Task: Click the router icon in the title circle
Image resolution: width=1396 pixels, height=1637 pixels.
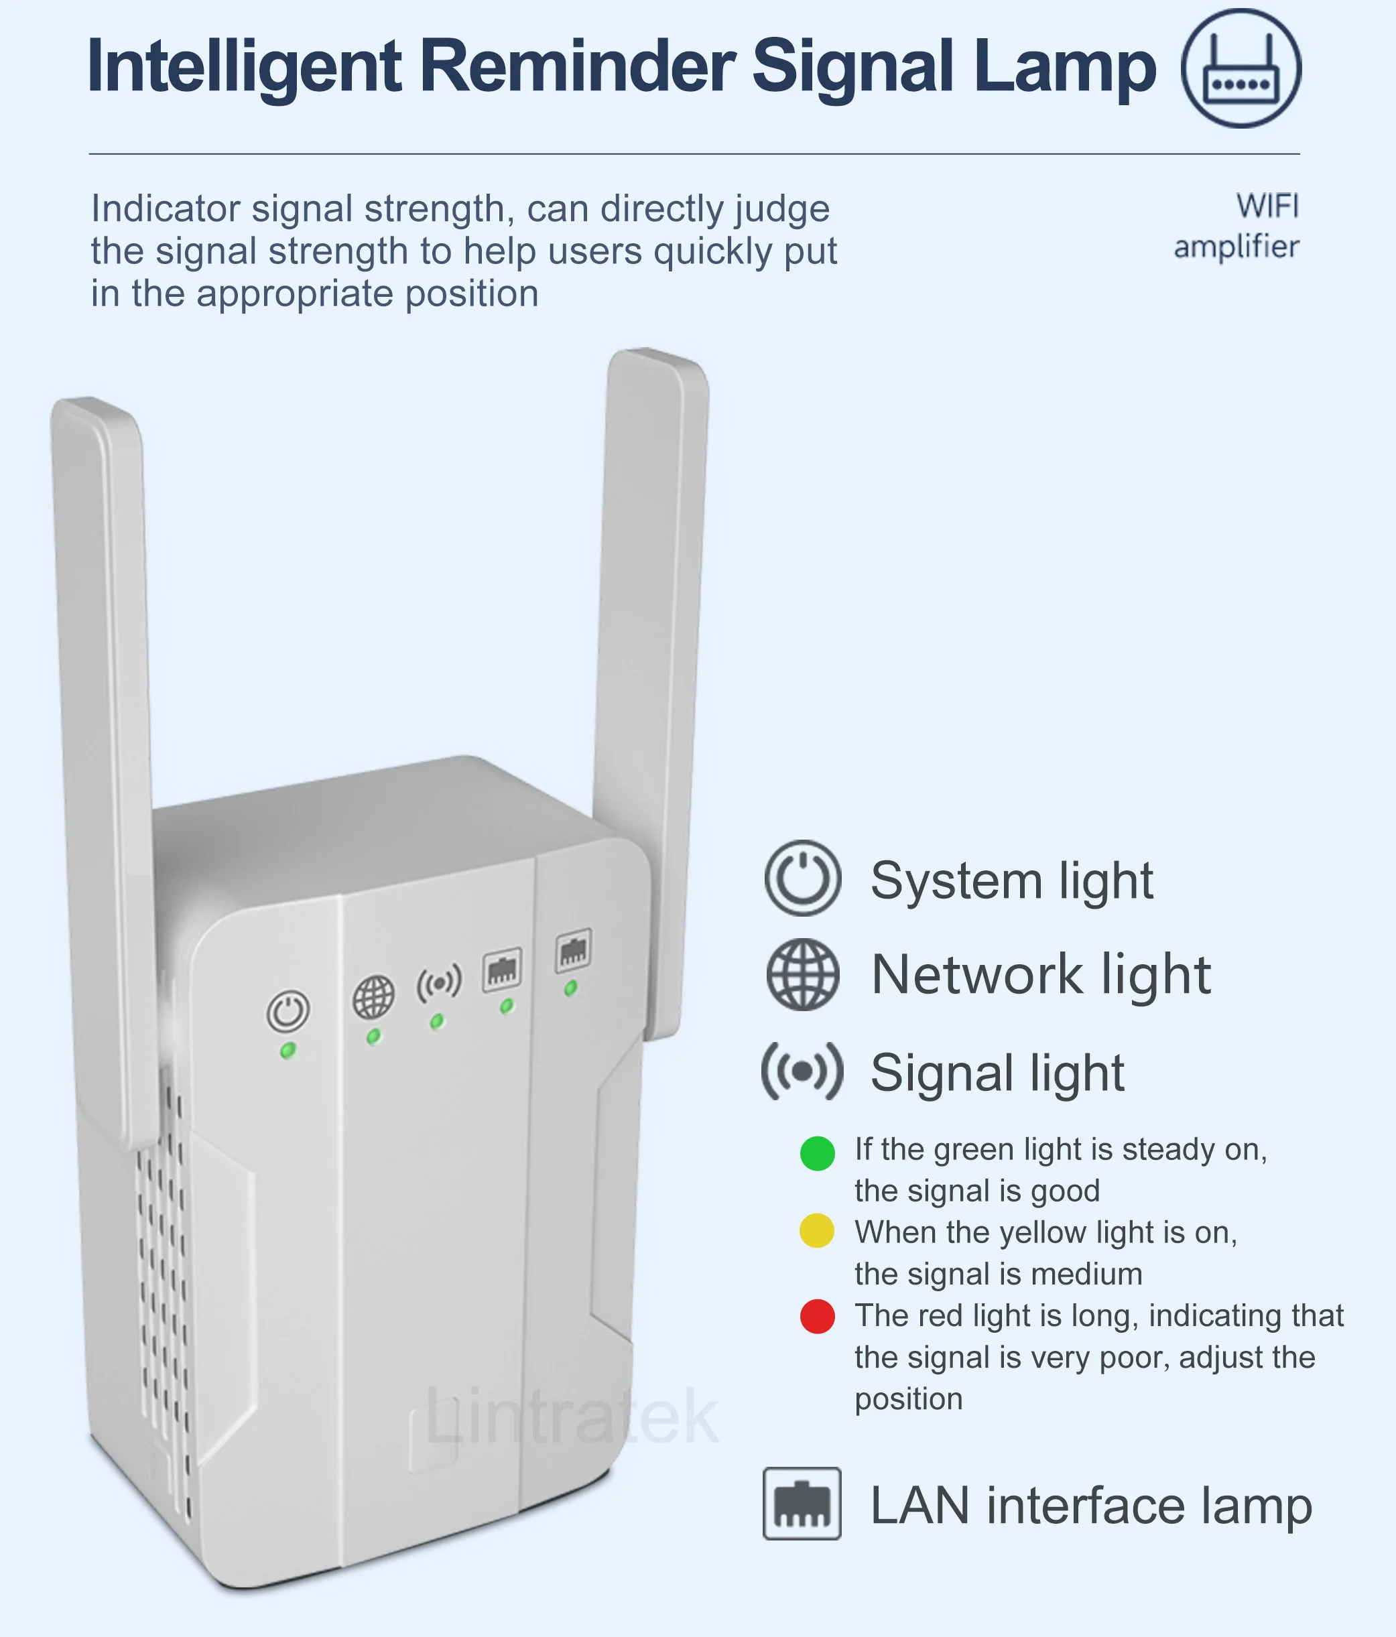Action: click(x=1241, y=70)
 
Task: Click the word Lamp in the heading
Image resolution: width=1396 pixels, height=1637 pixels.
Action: click(x=1064, y=66)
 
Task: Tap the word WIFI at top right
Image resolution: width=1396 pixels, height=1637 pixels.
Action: click(x=1267, y=206)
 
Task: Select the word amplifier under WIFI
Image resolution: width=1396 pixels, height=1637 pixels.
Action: click(x=1236, y=247)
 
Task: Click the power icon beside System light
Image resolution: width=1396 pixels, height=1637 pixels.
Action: click(x=802, y=878)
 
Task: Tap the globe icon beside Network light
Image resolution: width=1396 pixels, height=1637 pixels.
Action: click(x=802, y=974)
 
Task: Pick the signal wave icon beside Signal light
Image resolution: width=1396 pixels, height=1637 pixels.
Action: click(x=802, y=1071)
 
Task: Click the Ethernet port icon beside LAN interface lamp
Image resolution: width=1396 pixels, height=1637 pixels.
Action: click(x=802, y=1504)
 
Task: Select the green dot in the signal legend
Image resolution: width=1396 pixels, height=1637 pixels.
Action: click(x=817, y=1153)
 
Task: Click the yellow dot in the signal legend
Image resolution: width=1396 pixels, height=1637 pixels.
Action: click(x=817, y=1231)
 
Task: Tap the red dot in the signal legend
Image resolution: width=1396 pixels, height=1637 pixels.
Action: click(x=817, y=1316)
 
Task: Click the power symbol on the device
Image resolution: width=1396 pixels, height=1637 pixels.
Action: click(x=288, y=1010)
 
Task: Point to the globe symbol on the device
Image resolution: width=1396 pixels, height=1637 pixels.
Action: click(x=373, y=997)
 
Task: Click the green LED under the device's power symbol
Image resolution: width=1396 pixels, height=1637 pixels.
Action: click(x=288, y=1050)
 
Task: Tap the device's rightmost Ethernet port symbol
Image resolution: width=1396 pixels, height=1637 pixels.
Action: click(x=574, y=950)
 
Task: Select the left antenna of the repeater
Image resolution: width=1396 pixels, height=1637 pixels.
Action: click(x=103, y=711)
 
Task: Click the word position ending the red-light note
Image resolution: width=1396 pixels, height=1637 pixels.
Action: click(x=909, y=1399)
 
